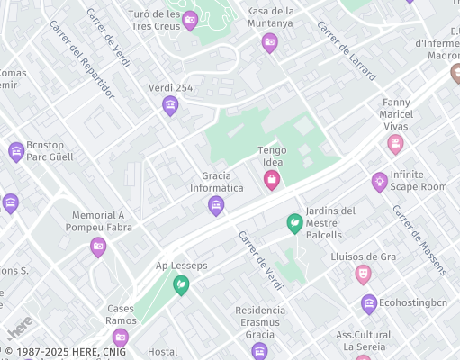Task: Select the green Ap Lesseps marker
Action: point(181,285)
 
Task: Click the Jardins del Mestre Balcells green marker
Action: point(294,222)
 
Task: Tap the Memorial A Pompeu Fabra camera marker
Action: point(98,247)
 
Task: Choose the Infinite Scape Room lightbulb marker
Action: point(380,182)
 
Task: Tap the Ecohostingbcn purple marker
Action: point(369,304)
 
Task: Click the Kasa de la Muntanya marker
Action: point(269,42)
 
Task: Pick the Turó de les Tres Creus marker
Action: point(190,21)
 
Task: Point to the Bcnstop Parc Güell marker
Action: point(15,152)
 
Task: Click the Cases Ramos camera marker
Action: point(121,337)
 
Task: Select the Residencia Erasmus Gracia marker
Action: point(260,350)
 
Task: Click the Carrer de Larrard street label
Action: point(346,51)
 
